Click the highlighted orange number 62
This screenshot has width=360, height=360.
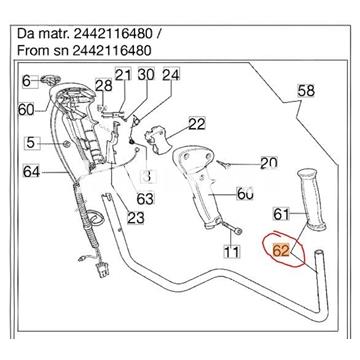pos(281,250)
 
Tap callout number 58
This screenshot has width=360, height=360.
pos(306,90)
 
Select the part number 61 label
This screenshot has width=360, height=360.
pos(281,214)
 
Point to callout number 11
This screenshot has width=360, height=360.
pos(231,251)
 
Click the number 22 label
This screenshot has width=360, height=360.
pos(197,124)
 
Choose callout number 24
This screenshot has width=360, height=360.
pos(171,75)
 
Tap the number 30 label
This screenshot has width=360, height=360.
pos(146,74)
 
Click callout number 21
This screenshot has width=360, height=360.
pos(123,75)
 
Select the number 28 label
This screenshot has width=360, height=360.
pos(104,86)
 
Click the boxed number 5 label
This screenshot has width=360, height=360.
pos(31,143)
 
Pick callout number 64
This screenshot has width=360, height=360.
pos(32,172)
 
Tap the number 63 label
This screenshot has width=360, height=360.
pos(145,199)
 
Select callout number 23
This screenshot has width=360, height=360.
pos(136,218)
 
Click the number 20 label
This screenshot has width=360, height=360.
pos(269,162)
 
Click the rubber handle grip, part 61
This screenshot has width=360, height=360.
pos(311,199)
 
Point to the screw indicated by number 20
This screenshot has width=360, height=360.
pos(222,163)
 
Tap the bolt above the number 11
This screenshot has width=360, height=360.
pos(234,230)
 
